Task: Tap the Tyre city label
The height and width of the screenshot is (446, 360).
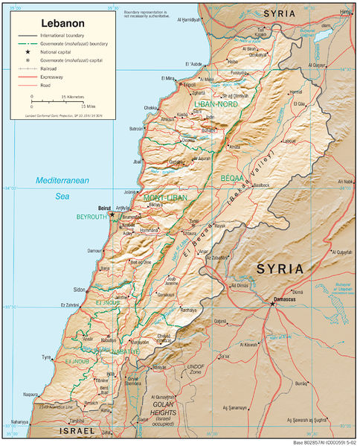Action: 47,357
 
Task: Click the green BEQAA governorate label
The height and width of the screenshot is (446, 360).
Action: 232,178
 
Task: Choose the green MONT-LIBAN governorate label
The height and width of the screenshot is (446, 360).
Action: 164,197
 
